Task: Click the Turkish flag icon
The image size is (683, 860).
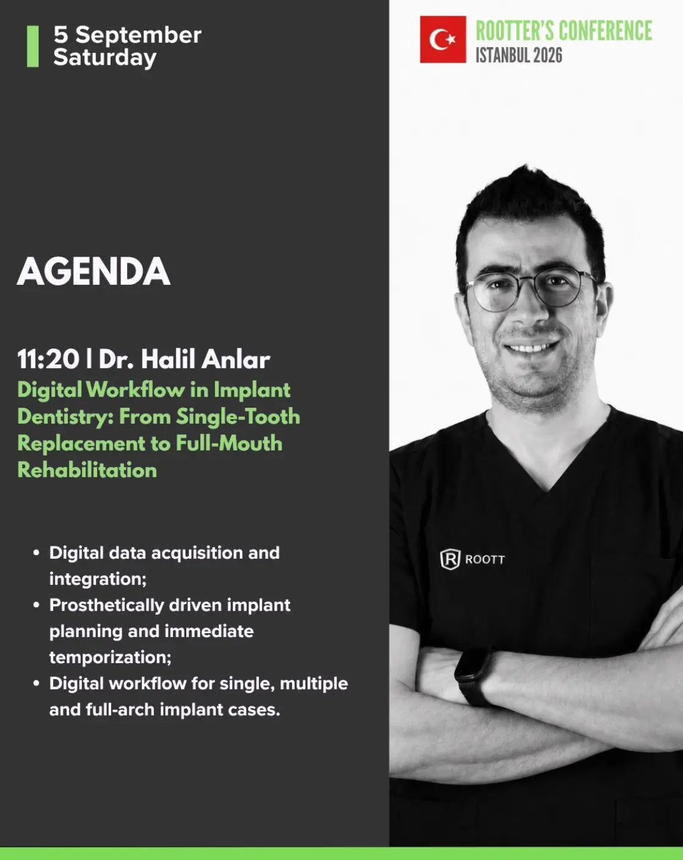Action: click(x=442, y=39)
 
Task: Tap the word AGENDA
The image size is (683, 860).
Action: click(x=93, y=272)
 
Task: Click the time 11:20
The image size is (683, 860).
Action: click(x=48, y=359)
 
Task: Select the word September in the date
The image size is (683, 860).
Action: click(x=138, y=35)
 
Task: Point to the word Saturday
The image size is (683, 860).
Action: click(x=104, y=57)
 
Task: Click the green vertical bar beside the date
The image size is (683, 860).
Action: click(x=33, y=46)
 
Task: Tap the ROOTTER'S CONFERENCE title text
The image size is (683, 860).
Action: click(x=564, y=31)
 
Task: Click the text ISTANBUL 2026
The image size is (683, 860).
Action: click(x=519, y=55)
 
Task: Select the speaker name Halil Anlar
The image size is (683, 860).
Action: click(x=205, y=359)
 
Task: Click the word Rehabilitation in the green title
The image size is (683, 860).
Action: click(x=87, y=470)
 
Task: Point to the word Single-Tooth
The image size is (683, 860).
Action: click(x=238, y=417)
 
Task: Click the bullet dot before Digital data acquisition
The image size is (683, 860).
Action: click(x=36, y=553)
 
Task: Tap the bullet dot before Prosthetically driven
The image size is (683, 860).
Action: click(x=36, y=605)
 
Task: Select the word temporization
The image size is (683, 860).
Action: click(x=110, y=658)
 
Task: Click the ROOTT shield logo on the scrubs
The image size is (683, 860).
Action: click(x=450, y=559)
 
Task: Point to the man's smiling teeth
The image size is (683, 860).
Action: click(x=531, y=348)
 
